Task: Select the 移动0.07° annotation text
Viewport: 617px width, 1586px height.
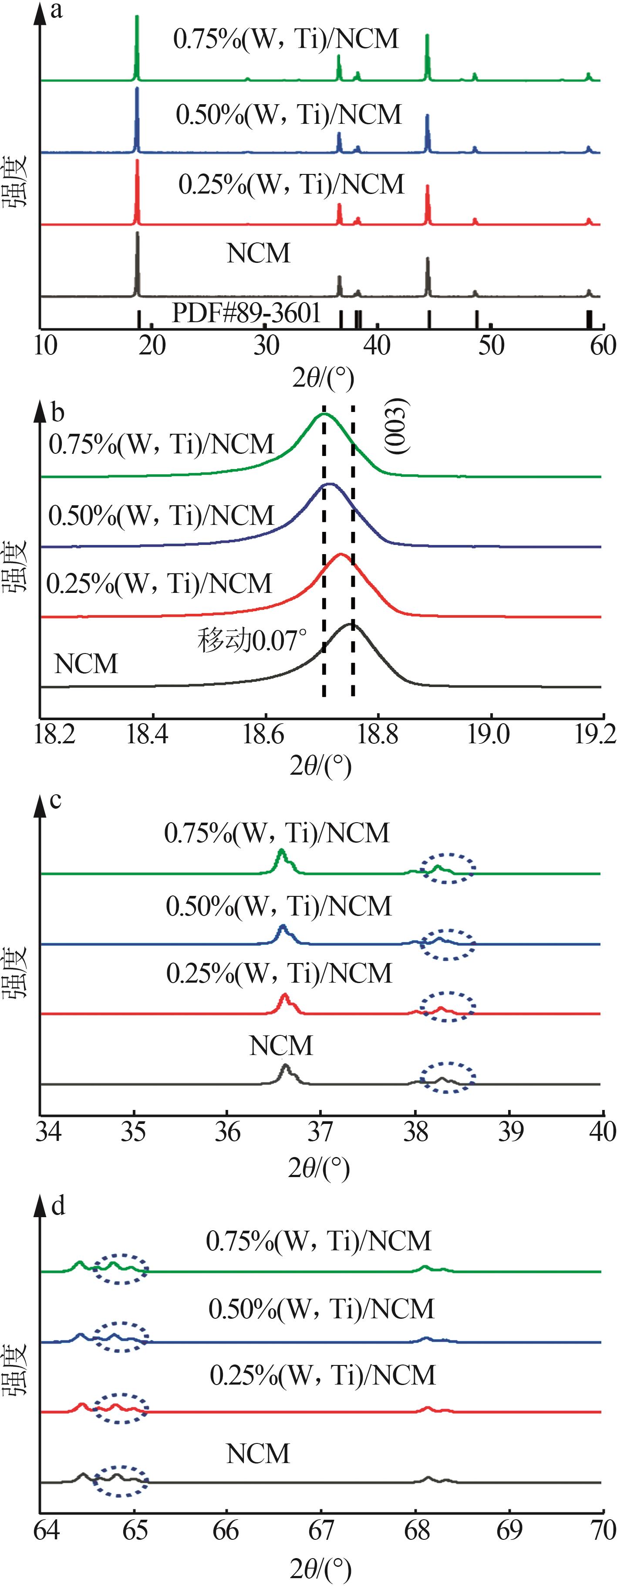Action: [252, 641]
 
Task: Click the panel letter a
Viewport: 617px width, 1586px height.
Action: [57, 10]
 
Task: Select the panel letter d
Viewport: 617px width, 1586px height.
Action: [58, 1205]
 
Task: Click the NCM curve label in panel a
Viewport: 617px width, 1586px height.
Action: [258, 253]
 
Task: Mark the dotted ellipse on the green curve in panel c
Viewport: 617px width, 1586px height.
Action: [447, 868]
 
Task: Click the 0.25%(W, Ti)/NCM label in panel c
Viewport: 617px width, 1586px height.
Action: [279, 973]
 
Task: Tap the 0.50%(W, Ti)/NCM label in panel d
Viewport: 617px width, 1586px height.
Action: [321, 1309]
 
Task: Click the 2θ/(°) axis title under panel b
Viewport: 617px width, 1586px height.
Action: [320, 766]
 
